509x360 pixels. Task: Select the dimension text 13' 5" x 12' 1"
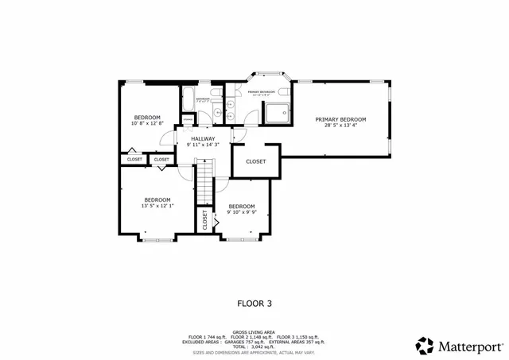[x=157, y=206]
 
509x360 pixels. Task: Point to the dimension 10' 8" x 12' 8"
[x=147, y=123]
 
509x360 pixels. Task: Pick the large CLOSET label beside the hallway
[x=255, y=161]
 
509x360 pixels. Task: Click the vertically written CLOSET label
[x=204, y=219]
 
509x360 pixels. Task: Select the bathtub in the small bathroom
[x=188, y=100]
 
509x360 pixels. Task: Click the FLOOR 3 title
[x=254, y=303]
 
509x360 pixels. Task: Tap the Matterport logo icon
[x=425, y=346]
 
